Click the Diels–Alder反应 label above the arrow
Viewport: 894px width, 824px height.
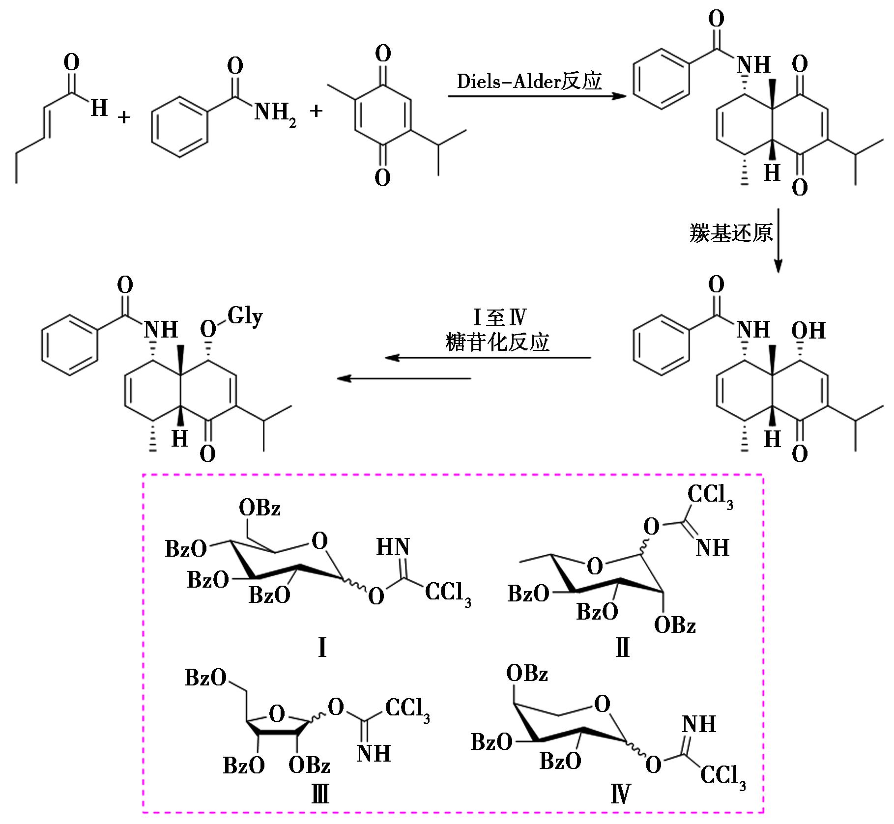tap(529, 81)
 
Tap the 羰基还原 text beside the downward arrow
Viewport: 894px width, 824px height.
tap(731, 233)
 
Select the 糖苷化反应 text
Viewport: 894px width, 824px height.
tap(497, 342)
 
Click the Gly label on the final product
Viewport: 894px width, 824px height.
tap(244, 315)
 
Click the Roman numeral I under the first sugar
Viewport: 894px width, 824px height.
tap(322, 648)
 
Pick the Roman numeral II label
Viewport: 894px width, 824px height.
tap(622, 648)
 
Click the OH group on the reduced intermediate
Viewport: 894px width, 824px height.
tap(808, 331)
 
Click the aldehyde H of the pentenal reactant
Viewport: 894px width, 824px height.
tap(99, 108)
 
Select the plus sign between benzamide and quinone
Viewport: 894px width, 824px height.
tap(316, 111)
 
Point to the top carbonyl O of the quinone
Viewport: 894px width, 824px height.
tap(383, 53)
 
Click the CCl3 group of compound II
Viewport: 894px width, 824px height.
tap(710, 495)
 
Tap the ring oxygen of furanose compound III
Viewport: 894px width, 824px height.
tap(277, 713)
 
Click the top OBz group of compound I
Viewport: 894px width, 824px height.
tap(260, 508)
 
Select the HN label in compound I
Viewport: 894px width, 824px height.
tap(393, 547)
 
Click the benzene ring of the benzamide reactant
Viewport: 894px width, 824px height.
tap(179, 126)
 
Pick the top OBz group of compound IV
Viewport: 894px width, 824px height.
tap(527, 673)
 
